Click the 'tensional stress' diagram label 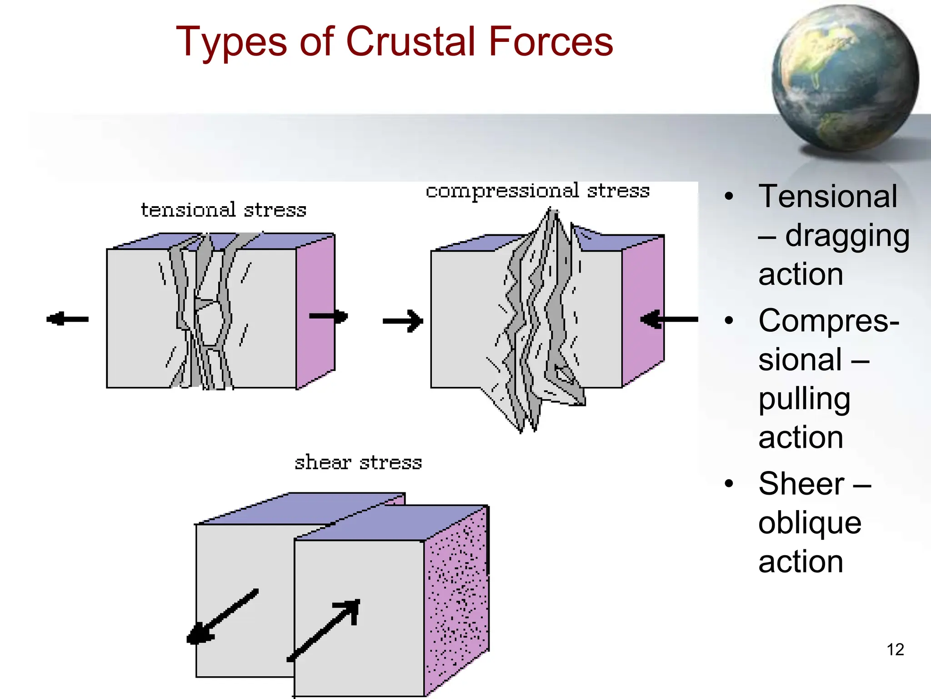pyautogui.click(x=223, y=210)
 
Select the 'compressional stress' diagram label pyautogui.click(x=537, y=191)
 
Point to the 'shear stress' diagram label pyautogui.click(x=358, y=463)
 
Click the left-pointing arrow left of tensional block pyautogui.click(x=67, y=319)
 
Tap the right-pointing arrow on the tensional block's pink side pyautogui.click(x=329, y=316)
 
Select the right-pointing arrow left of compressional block pyautogui.click(x=403, y=321)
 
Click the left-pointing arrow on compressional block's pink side pyautogui.click(x=669, y=319)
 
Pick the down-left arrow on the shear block pyautogui.click(x=222, y=617)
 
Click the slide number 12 pyautogui.click(x=895, y=649)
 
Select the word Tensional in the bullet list pyautogui.click(x=828, y=197)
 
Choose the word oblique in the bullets pyautogui.click(x=810, y=523)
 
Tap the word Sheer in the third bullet pyautogui.click(x=801, y=484)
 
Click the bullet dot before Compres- pyautogui.click(x=729, y=320)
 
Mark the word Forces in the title pyautogui.click(x=551, y=41)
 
